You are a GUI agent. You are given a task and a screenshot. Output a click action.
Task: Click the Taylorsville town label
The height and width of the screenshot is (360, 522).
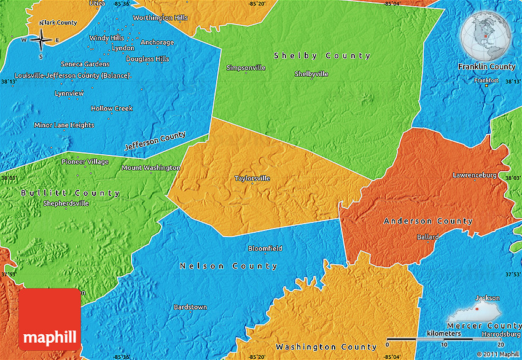[x=252, y=179]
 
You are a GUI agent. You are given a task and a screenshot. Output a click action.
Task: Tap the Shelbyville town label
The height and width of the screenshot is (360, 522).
[x=311, y=74]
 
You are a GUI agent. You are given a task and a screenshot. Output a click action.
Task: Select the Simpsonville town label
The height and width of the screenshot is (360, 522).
[x=246, y=68]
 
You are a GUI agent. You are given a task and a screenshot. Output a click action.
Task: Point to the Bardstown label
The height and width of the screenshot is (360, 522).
[x=190, y=307]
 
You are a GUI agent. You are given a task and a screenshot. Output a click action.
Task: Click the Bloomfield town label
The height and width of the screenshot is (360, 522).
[x=265, y=248]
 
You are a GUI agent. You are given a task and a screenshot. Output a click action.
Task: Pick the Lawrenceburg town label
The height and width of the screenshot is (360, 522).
[x=474, y=175]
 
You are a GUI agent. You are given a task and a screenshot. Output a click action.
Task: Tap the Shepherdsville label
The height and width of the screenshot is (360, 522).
[x=66, y=203]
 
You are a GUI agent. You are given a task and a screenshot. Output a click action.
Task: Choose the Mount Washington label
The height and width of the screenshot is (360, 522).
[x=151, y=168]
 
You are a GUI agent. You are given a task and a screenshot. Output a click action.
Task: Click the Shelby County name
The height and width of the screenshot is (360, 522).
[x=322, y=56]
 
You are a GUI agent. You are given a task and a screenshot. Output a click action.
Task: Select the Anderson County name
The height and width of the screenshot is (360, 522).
[x=428, y=221]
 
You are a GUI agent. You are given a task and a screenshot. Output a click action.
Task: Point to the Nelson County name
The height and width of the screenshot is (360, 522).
[x=228, y=266]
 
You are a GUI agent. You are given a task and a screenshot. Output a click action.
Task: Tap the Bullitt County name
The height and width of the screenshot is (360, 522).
[x=70, y=193]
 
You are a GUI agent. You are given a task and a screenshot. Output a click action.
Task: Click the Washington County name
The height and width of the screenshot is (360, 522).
[x=326, y=347]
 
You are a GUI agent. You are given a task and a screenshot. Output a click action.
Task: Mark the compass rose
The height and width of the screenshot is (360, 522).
[x=41, y=41]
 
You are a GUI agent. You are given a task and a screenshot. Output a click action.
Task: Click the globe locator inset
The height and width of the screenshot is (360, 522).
[x=486, y=35]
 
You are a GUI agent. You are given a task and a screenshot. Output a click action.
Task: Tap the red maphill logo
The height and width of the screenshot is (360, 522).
[x=50, y=319]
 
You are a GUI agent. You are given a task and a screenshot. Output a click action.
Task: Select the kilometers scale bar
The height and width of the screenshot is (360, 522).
[x=445, y=338]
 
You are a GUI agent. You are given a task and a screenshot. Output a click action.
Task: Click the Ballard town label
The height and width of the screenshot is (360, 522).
[x=428, y=237]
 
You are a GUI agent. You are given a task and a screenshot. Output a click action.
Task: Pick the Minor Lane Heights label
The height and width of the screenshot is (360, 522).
[x=64, y=125]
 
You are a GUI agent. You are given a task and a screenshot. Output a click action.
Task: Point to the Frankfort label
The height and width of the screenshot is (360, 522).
[x=486, y=80]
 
